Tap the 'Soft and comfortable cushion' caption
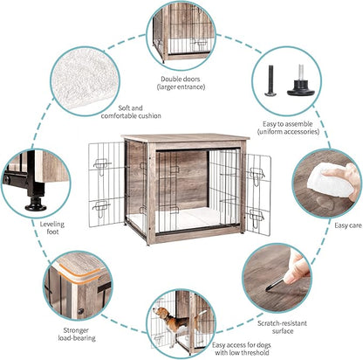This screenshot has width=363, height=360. pos(130,111)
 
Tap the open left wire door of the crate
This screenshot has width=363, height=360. pos(105,188)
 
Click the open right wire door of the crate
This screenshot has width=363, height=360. pos(257,192)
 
